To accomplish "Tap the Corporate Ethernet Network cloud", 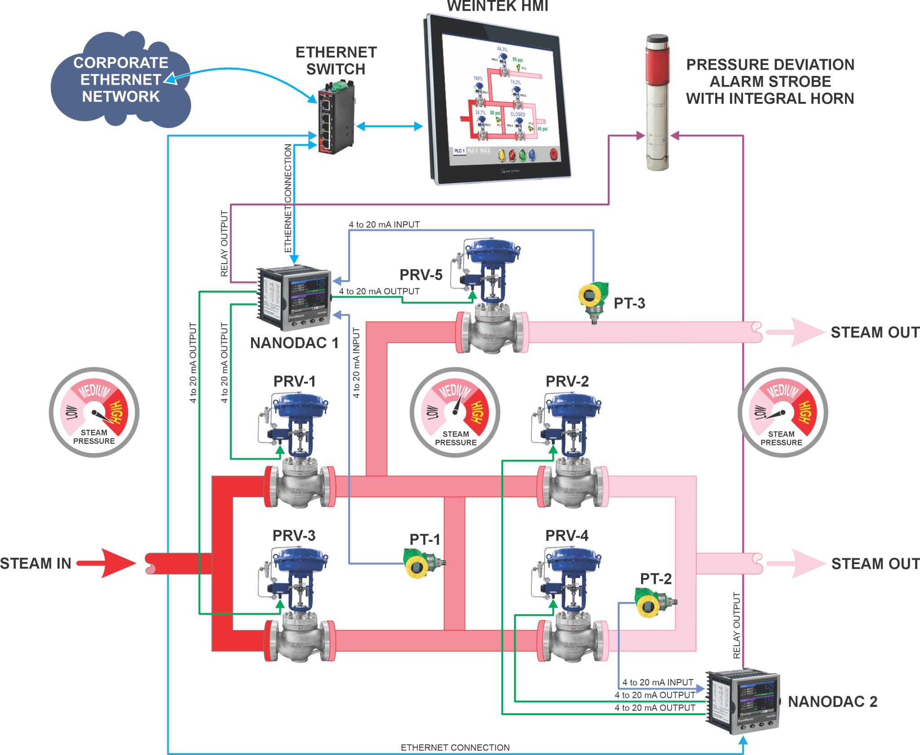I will point(120,80).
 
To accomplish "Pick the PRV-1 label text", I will point(294,382).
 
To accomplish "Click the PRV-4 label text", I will point(566,535).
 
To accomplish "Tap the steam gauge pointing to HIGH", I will point(94,412).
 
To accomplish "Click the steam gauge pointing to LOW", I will point(783,412).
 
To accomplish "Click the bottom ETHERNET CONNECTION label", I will point(455,747).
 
